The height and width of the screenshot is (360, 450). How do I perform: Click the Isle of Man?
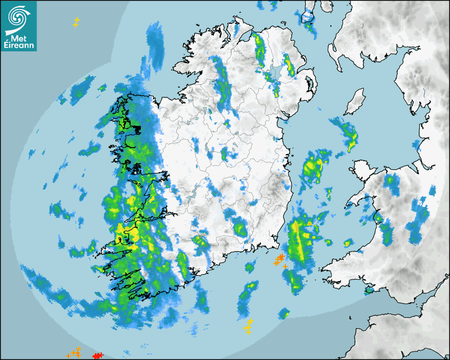click(x=355, y=102)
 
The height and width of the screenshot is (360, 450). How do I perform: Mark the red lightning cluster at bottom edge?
click(x=98, y=355)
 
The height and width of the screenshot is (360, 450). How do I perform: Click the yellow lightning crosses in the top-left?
click(x=76, y=22)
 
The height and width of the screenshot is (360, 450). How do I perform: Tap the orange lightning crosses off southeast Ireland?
click(x=280, y=259)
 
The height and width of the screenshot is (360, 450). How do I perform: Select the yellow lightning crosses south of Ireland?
click(x=248, y=326)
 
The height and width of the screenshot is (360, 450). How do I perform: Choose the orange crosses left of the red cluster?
click(x=74, y=353)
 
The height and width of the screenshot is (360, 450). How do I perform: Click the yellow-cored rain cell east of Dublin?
click(x=313, y=167)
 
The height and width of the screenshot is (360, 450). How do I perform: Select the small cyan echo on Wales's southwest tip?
click(x=369, y=290)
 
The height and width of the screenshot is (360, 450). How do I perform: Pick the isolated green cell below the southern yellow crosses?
click(x=284, y=313)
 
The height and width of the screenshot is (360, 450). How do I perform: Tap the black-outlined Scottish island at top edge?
click(x=307, y=16)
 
